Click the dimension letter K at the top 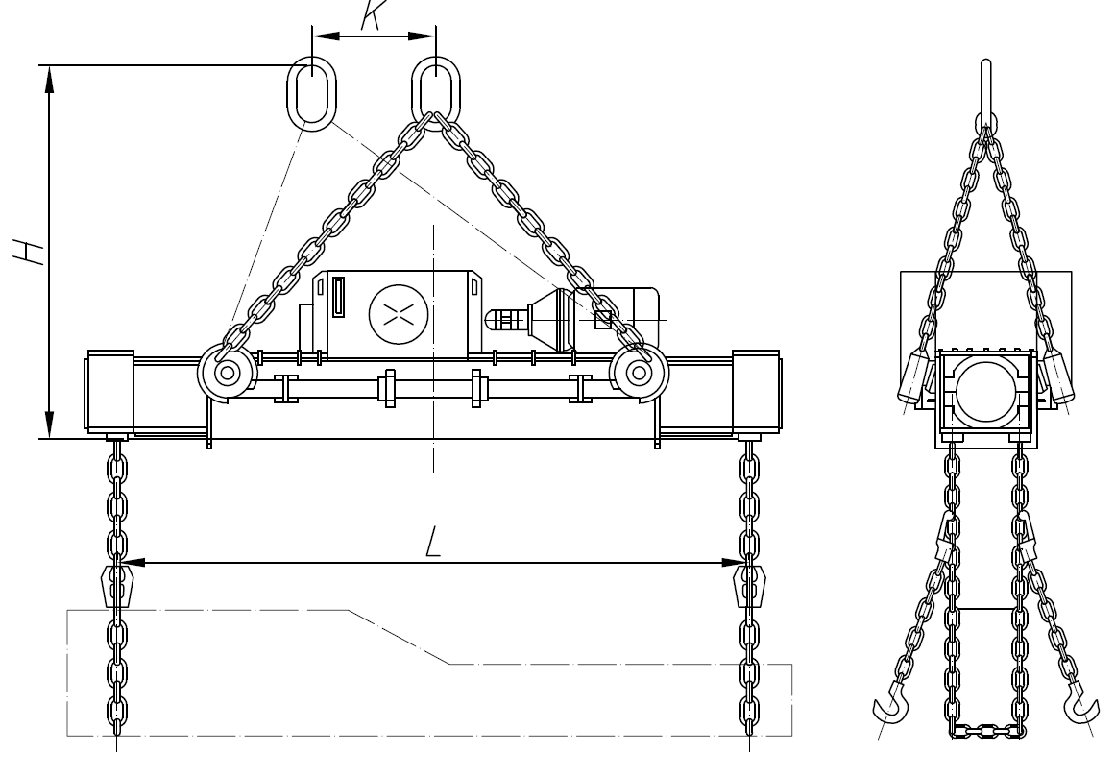coord(373,15)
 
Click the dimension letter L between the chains coord(433,543)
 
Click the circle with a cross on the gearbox coord(399,313)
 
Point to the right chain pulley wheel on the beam coord(640,373)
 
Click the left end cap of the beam coord(109,392)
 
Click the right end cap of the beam coord(757,392)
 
